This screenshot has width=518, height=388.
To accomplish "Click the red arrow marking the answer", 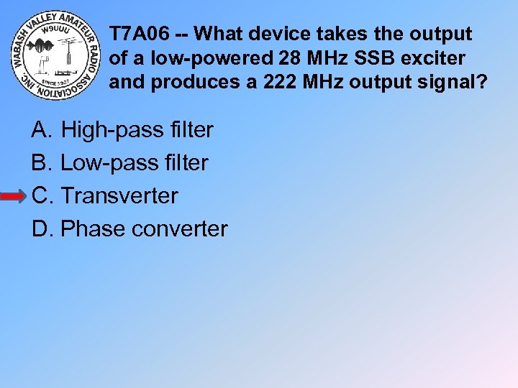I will [x=14, y=196].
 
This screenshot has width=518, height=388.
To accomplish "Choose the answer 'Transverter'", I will [x=119, y=195].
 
